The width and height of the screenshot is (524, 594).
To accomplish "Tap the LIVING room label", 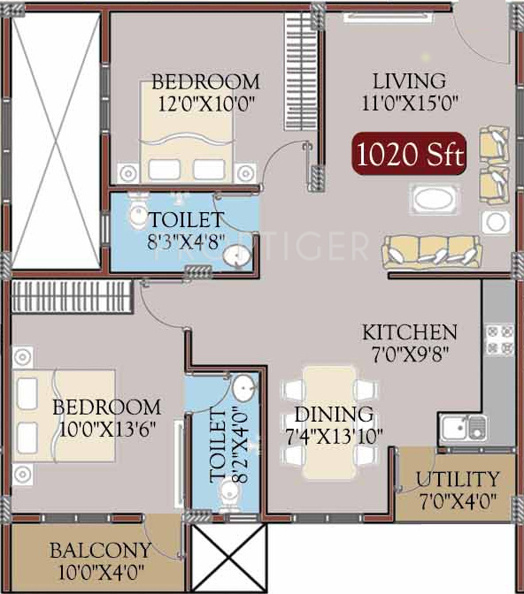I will (x=410, y=81).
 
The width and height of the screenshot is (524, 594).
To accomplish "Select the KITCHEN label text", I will (x=410, y=333).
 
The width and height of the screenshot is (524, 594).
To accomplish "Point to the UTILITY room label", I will (x=458, y=480).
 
